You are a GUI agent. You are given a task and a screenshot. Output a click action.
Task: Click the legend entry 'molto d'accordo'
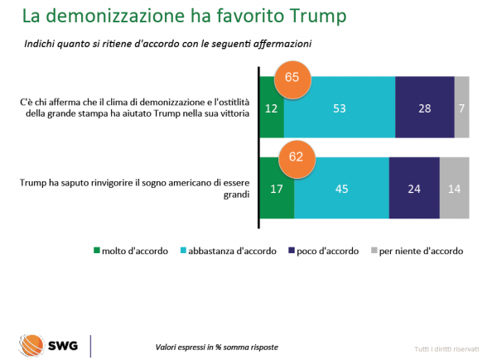click(x=133, y=250)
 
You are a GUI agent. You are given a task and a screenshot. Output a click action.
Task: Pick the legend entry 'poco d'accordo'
click(x=326, y=250)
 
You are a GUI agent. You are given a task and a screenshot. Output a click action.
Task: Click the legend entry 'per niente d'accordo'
click(x=417, y=250)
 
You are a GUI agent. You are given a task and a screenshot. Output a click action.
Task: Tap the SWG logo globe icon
click(x=33, y=343)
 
